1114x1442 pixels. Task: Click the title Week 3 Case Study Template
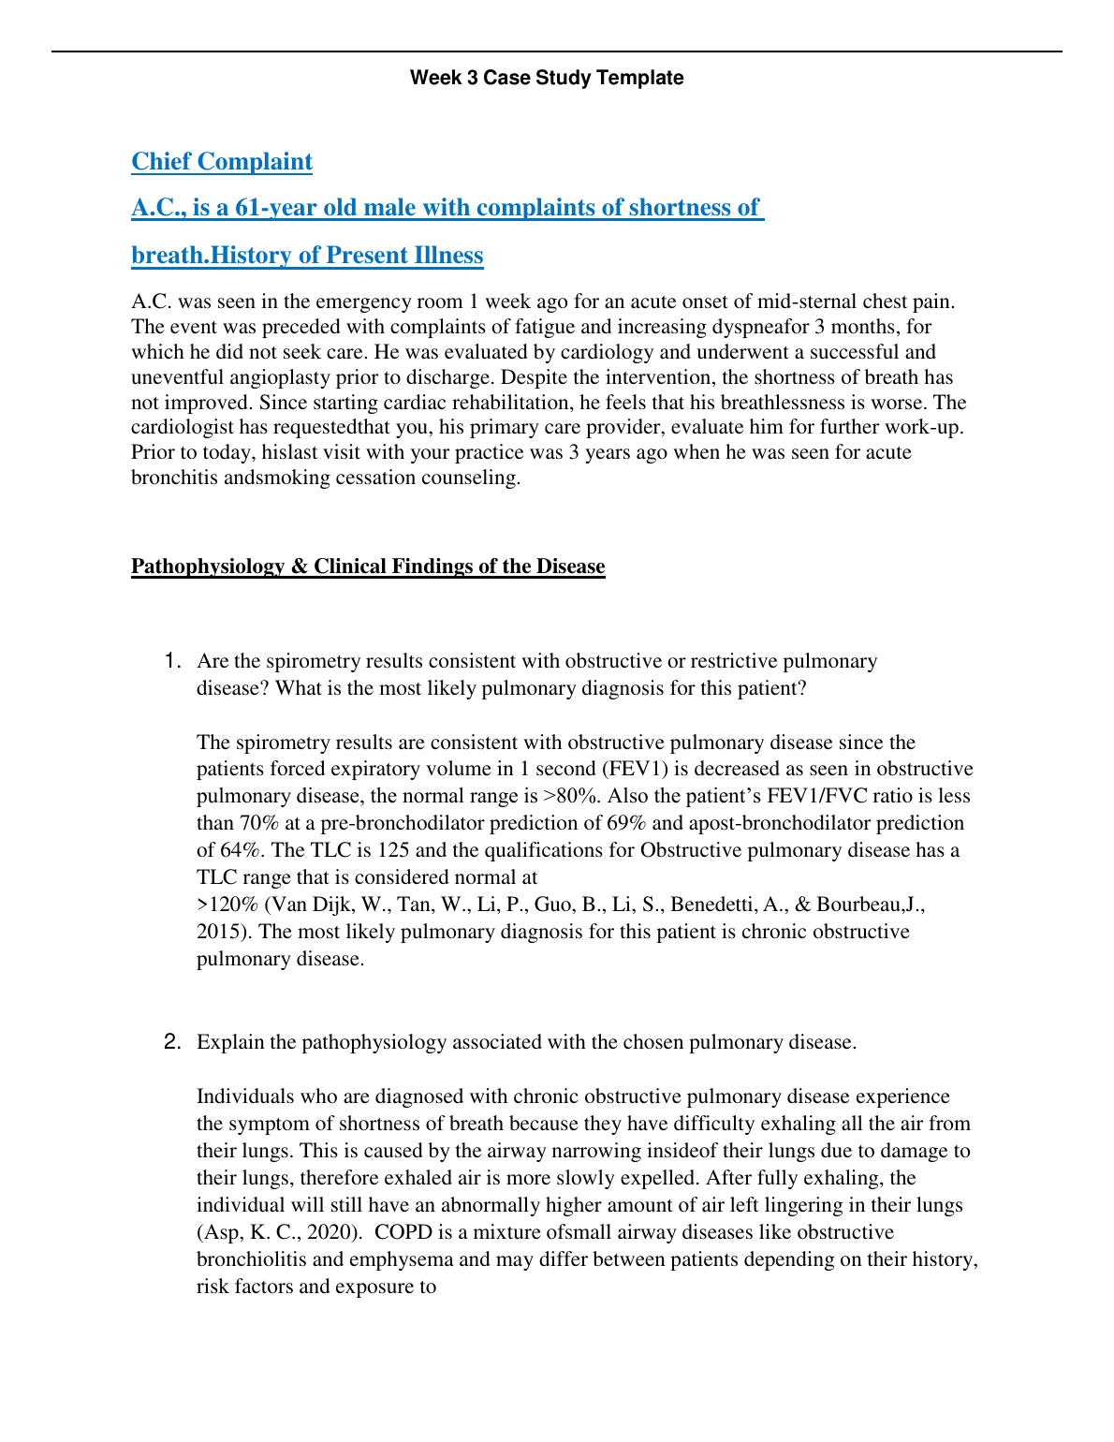click(x=547, y=78)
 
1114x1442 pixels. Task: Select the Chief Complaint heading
click(x=222, y=161)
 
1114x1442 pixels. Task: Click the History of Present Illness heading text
click(x=347, y=256)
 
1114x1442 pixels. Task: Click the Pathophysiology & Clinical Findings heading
click(x=368, y=566)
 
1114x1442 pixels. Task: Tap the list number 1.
click(x=171, y=661)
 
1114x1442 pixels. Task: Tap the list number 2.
click(x=171, y=1041)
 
